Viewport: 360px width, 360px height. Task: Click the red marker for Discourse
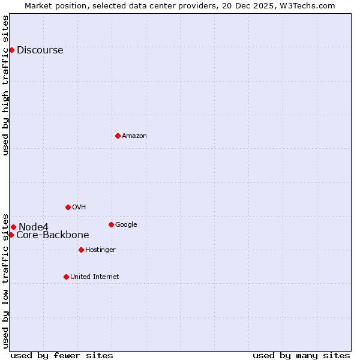11,50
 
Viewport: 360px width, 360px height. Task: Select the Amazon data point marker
118,136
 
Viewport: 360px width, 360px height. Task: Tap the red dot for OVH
68,207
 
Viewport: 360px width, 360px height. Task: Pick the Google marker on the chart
111,224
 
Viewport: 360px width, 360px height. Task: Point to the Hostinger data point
81,250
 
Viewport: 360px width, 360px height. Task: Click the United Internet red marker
66,277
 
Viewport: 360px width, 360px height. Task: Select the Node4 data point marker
13,227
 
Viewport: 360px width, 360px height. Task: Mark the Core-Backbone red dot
11,235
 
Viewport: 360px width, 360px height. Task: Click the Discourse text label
40,50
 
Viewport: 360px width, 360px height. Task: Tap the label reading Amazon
134,136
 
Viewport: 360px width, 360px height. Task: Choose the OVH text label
79,208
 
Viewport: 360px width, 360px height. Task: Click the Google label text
126,225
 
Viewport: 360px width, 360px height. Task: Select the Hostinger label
100,250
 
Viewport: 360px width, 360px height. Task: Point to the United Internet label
94,277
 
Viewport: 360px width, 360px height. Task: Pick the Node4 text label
33,227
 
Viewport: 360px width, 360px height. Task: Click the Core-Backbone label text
53,235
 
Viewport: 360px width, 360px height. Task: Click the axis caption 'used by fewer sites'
62,355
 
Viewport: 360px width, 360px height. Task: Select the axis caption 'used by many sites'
301,355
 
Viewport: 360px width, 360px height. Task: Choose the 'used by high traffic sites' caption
6,85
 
